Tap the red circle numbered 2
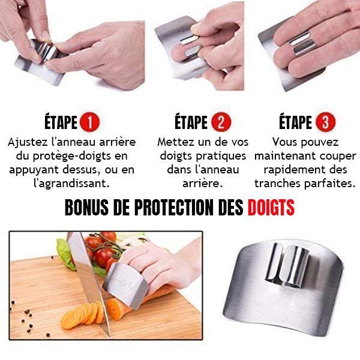coord(221,122)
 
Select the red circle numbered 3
coord(325,122)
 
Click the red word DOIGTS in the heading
coord(271,208)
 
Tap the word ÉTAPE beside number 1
coord(61,122)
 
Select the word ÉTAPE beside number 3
coord(295,122)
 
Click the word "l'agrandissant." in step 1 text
coord(71,184)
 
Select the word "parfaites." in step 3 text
coord(329,184)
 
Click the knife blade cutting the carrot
coord(88,282)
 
